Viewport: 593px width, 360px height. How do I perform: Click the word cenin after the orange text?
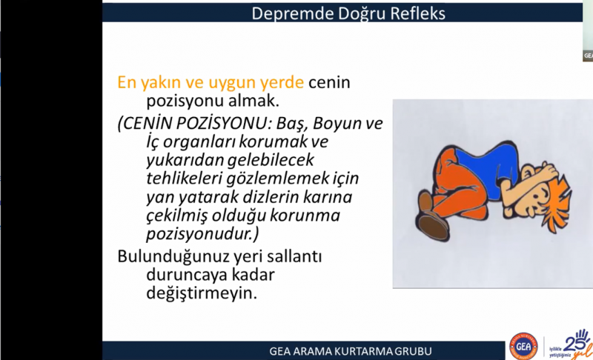click(x=329, y=82)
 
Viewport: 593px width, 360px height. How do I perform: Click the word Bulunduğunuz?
click(x=173, y=257)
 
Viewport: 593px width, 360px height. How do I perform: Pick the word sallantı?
click(x=294, y=256)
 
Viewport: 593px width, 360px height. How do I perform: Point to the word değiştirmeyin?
click(x=202, y=293)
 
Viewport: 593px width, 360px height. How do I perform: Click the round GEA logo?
click(x=523, y=346)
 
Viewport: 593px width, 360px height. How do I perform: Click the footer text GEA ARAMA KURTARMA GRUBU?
click(x=351, y=351)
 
